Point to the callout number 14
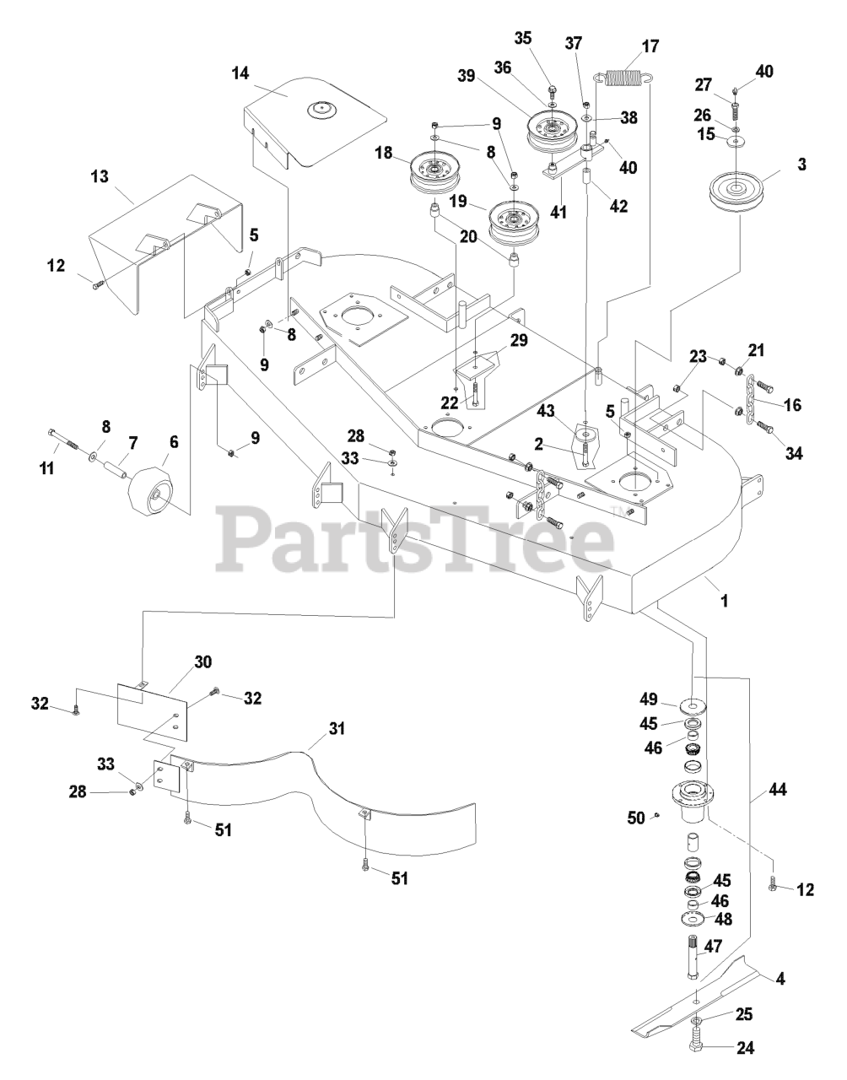point(240,73)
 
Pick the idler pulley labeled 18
point(434,171)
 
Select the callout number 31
point(314,727)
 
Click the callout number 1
point(724,602)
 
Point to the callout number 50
point(637,817)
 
